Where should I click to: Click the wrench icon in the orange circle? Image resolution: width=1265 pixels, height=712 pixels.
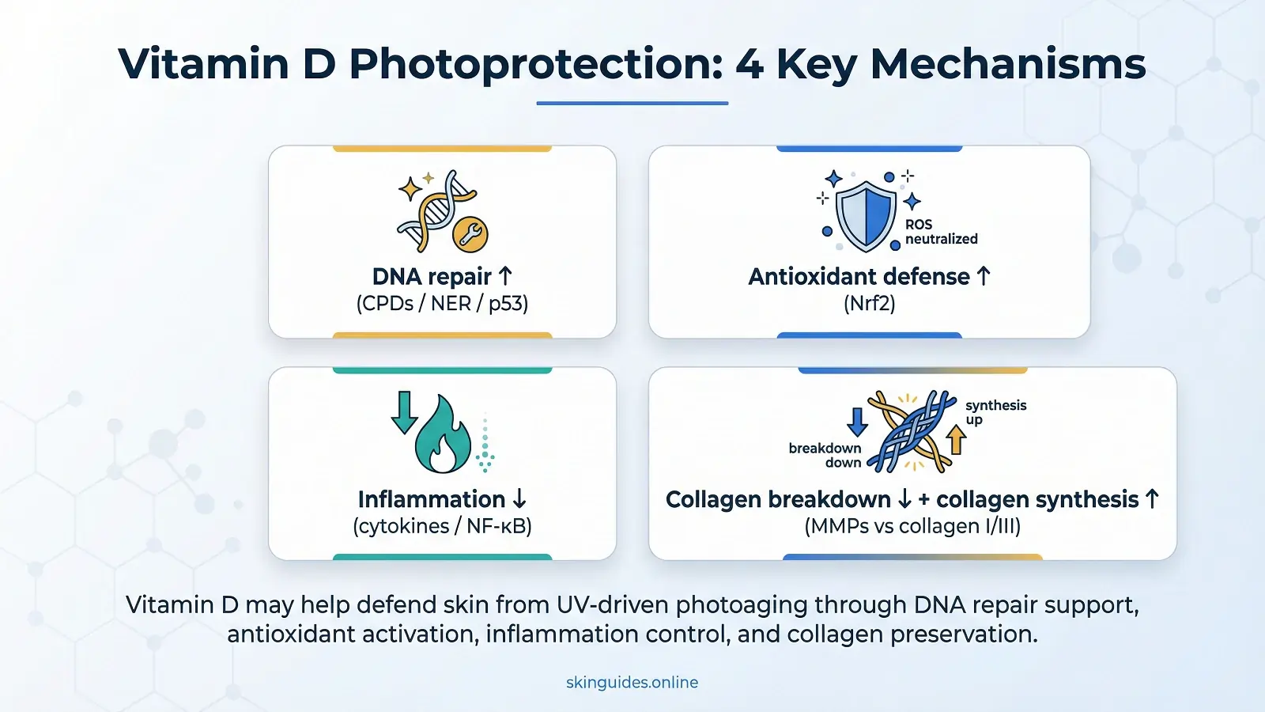(x=470, y=234)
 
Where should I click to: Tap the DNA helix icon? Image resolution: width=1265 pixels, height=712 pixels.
(x=436, y=210)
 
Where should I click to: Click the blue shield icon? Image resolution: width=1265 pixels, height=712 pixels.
(x=865, y=216)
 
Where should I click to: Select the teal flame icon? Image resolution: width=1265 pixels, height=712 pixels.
(x=444, y=434)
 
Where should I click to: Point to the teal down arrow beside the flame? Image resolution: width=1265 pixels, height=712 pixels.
(x=404, y=412)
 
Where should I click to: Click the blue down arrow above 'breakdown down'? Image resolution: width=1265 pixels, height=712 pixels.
(x=857, y=422)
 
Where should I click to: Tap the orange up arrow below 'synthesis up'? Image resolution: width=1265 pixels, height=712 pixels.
(x=956, y=440)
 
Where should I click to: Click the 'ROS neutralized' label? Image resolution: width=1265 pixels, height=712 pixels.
(x=941, y=232)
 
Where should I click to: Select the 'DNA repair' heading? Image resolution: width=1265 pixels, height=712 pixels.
(x=432, y=277)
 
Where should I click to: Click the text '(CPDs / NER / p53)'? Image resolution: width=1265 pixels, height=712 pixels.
(x=442, y=304)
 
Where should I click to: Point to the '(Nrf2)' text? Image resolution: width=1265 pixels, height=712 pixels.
(x=869, y=304)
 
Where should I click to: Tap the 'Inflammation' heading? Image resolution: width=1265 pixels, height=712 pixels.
(x=432, y=499)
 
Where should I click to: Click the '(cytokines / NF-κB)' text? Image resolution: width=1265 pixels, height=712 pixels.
(x=442, y=527)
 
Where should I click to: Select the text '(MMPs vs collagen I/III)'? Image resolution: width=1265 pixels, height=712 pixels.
(x=912, y=527)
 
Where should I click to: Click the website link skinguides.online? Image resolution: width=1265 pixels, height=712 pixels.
(x=632, y=683)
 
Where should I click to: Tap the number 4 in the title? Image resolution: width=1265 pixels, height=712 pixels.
(x=750, y=64)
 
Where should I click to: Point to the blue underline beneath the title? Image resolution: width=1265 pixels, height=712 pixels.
(x=632, y=104)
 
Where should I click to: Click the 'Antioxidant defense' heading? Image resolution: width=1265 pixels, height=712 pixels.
(x=859, y=277)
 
